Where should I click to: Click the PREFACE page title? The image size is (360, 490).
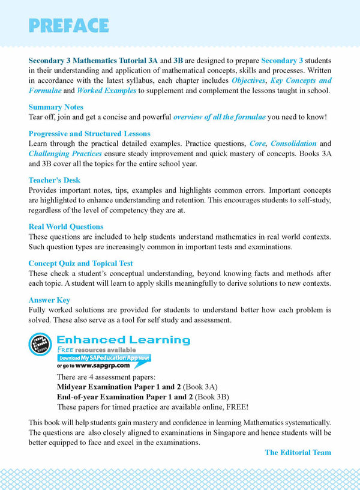tap(68, 26)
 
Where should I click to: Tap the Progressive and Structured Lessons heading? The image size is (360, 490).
tap(89, 133)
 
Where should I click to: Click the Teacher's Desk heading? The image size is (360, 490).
tap(55, 180)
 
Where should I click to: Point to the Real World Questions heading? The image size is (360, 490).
tap(66, 226)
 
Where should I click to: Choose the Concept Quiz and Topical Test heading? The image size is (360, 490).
tap(81, 263)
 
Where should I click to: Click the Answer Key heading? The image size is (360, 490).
tap(50, 300)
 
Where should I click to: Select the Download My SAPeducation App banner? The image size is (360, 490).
tap(104, 357)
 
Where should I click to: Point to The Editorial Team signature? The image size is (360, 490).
tap(298, 452)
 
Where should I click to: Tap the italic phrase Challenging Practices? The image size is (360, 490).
tap(61, 153)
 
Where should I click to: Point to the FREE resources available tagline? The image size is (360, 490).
tap(97, 349)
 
